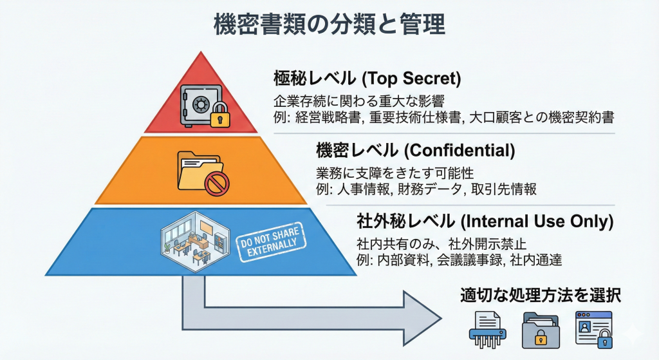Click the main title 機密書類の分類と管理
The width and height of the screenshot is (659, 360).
329,25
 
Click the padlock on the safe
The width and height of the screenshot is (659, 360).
219,117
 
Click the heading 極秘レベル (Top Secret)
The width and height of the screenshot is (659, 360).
367,79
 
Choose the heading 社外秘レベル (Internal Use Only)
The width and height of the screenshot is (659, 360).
485,222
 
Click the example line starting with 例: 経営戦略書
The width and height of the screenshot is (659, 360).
443,117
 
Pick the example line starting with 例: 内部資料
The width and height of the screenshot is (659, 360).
459,261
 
